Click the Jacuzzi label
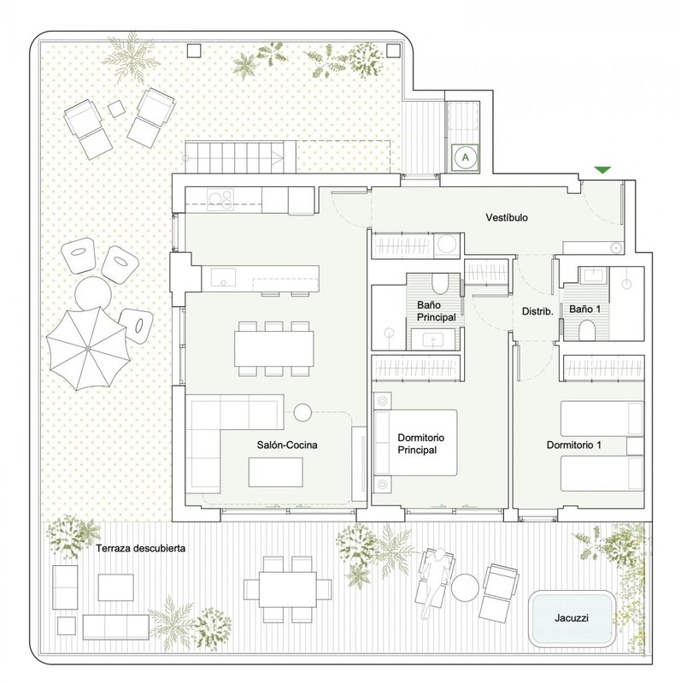[x=572, y=617]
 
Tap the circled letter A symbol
[x=465, y=157]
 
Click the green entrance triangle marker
[x=602, y=169]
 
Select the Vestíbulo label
[x=507, y=217]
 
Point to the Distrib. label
[x=537, y=311]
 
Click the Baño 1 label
[x=584, y=310]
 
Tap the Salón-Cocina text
[x=287, y=445]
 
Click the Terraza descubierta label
[x=140, y=548]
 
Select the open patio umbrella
[x=88, y=348]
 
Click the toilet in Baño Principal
[x=439, y=284]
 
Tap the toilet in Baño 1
[x=587, y=330]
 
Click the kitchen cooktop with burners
[x=220, y=199]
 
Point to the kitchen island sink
[x=223, y=277]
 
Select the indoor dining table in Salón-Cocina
[x=273, y=349]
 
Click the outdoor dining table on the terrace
[x=288, y=589]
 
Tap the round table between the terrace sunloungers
[x=465, y=588]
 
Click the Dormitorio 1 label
[x=573, y=445]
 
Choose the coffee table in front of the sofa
[x=275, y=472]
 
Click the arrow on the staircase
[x=276, y=157]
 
